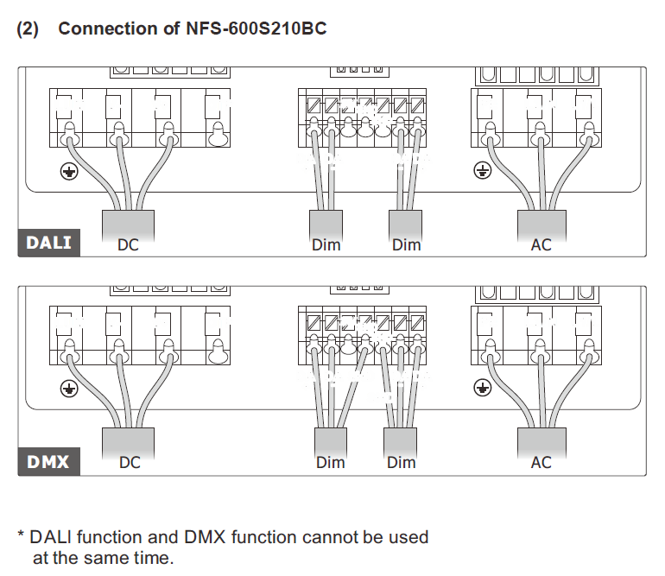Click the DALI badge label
tap(48, 243)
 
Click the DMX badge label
tap(48, 462)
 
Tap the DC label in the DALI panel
tap(128, 245)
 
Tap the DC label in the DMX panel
tap(130, 462)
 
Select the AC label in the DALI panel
tap(541, 245)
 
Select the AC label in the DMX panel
tap(541, 462)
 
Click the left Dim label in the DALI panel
tap(326, 245)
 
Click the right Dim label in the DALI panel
tap(406, 245)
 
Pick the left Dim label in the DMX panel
tap(331, 462)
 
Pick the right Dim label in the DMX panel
tap(402, 462)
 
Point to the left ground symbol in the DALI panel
tap(69, 172)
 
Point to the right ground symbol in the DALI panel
tap(482, 170)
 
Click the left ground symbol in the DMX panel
tap(69, 389)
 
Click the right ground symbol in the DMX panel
tap(482, 388)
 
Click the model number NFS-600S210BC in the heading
tap(256, 28)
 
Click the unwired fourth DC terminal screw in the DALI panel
tap(218, 135)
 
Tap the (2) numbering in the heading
tap(28, 28)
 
